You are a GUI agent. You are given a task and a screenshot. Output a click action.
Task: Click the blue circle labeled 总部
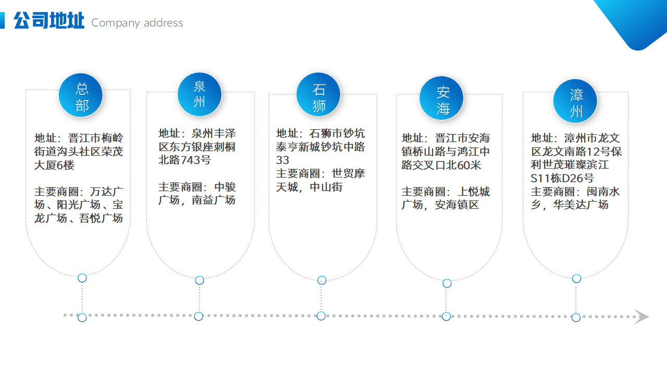pyautogui.click(x=80, y=95)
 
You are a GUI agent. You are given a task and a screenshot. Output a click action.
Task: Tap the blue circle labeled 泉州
pyautogui.click(x=200, y=94)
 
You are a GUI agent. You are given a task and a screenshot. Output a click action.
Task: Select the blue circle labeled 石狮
pyautogui.click(x=318, y=94)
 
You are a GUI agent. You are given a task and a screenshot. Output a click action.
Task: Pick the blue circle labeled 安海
pyautogui.click(x=441, y=98)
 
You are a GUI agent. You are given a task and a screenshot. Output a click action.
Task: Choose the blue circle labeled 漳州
pyautogui.click(x=575, y=101)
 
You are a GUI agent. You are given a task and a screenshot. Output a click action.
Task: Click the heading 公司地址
pyautogui.click(x=49, y=20)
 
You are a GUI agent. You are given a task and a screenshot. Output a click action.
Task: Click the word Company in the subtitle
pyautogui.click(x=116, y=23)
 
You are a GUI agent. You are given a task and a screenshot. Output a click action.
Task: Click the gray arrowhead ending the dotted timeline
pyautogui.click(x=641, y=316)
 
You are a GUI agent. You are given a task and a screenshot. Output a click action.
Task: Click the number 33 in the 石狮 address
pyautogui.click(x=282, y=160)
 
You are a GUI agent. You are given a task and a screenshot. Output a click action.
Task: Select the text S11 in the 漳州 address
pyautogui.click(x=540, y=179)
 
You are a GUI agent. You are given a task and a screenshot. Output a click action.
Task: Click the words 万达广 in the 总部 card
pyautogui.click(x=107, y=192)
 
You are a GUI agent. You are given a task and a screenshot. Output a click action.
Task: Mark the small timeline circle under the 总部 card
pyautogui.click(x=82, y=318)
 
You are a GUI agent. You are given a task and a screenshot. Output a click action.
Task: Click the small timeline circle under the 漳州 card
pyautogui.click(x=576, y=318)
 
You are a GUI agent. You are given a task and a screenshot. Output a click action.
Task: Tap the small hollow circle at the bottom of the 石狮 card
pyautogui.click(x=322, y=280)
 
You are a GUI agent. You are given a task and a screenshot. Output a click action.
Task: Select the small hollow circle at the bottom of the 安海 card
pyautogui.click(x=447, y=283)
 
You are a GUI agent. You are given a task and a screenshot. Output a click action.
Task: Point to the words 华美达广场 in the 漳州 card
pyautogui.click(x=580, y=205)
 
